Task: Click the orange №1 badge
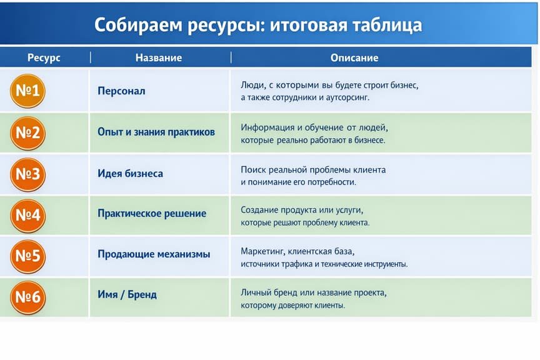point(28,91)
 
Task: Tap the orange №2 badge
point(28,133)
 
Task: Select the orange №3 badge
point(28,174)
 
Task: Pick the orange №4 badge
point(28,216)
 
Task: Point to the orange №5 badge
point(28,256)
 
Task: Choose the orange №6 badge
point(28,297)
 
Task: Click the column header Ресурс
point(44,58)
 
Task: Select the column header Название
point(159,57)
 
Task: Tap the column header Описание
point(354,57)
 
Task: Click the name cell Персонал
point(122,91)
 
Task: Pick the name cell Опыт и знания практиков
point(156,132)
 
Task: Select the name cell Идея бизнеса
point(130,173)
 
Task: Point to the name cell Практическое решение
point(152,214)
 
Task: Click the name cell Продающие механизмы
point(154,254)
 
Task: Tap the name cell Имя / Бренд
point(127,294)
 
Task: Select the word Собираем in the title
point(137,25)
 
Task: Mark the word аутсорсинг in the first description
point(347,98)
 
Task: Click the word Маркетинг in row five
point(262,252)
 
